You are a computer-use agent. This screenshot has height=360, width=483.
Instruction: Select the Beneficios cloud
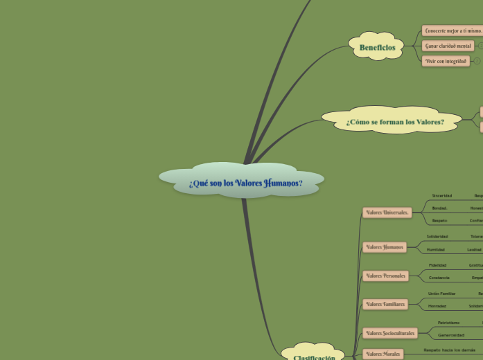click(x=377, y=47)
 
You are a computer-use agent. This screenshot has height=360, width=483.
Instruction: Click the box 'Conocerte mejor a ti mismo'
click(x=453, y=30)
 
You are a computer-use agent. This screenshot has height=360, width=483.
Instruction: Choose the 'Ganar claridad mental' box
click(x=448, y=46)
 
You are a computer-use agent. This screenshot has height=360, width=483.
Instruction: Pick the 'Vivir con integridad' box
click(x=446, y=61)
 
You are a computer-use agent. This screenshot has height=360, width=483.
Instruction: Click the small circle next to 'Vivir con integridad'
click(x=477, y=61)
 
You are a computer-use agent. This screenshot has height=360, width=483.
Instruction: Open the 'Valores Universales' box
click(x=387, y=213)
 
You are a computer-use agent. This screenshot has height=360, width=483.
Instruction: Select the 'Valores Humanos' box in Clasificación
click(x=384, y=247)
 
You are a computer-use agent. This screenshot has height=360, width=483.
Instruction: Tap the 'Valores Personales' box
click(x=385, y=276)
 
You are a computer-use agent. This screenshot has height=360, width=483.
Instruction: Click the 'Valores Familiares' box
click(x=385, y=304)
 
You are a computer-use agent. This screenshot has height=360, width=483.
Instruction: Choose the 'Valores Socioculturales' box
click(x=389, y=333)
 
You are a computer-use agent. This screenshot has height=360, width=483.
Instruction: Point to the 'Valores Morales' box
click(x=383, y=354)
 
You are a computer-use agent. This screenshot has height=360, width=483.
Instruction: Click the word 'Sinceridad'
click(x=441, y=195)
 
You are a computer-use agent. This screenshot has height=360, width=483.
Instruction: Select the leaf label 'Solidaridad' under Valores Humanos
click(x=437, y=236)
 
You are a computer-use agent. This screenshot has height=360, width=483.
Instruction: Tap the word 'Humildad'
click(x=435, y=249)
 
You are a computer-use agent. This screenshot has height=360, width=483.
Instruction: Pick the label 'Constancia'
click(x=439, y=278)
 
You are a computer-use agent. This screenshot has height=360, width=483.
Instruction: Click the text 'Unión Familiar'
click(x=441, y=294)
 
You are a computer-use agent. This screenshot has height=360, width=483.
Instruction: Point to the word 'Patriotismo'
click(x=448, y=322)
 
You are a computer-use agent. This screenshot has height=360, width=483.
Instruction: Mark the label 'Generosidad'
click(x=450, y=335)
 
